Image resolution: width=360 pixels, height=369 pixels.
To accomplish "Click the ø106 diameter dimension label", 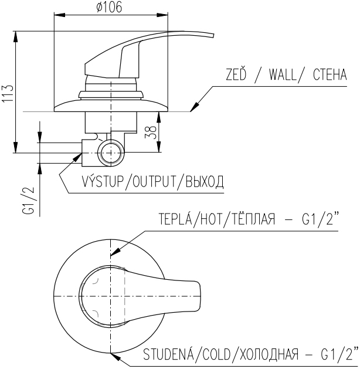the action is click(x=109, y=7).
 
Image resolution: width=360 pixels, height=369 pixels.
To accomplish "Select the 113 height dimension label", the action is click(x=8, y=93).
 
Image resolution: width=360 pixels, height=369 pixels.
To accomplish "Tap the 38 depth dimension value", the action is click(x=151, y=132).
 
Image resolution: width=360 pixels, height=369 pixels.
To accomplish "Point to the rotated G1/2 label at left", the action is click(x=29, y=201).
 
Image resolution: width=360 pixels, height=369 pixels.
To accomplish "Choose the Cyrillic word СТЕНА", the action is click(x=330, y=75).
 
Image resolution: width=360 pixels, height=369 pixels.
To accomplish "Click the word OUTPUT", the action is click(x=154, y=181).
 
